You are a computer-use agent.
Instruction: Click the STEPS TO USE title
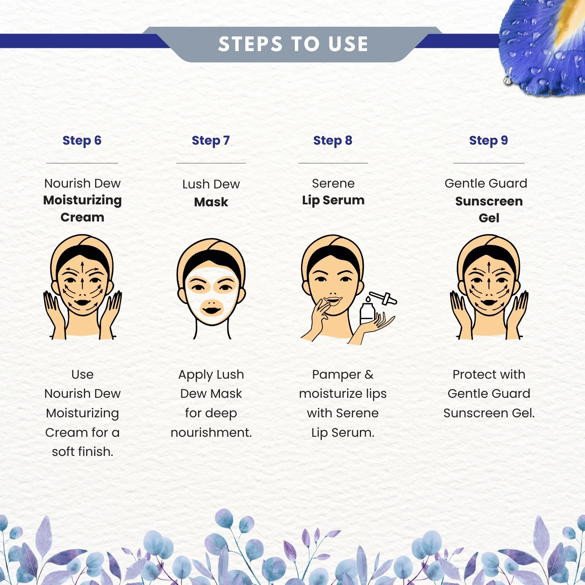(293, 44)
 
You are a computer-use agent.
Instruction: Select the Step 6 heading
(82, 140)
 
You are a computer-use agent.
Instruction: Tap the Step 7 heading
(211, 140)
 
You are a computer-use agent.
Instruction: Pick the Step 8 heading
(333, 140)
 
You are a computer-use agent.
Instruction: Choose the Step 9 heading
(489, 140)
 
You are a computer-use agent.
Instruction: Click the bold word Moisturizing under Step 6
(82, 200)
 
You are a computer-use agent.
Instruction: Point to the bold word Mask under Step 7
(211, 202)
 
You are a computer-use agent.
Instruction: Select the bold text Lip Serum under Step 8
(333, 200)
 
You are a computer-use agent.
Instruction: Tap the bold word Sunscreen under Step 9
(489, 201)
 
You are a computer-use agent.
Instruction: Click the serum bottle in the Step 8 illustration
(367, 312)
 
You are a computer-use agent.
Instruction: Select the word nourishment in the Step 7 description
(211, 433)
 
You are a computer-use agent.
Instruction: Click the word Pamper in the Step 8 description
(337, 375)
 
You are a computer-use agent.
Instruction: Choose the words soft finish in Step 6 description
(83, 452)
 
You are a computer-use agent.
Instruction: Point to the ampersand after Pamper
(369, 375)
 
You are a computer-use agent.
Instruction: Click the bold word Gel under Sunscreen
(489, 218)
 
